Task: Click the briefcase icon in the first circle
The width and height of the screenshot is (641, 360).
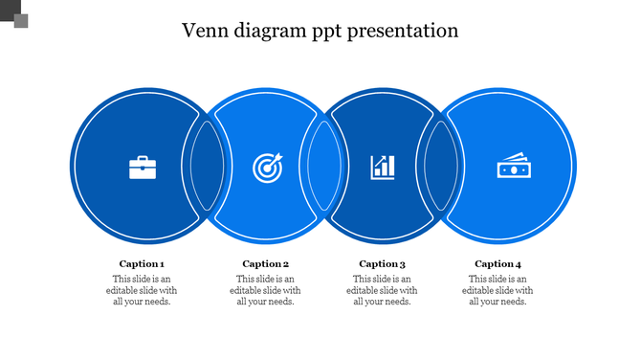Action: (143, 168)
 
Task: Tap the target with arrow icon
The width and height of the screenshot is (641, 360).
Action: (267, 168)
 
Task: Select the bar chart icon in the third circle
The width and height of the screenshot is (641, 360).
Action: (383, 167)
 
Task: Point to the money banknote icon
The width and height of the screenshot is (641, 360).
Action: (512, 167)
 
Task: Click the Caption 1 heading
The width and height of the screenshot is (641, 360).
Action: (142, 263)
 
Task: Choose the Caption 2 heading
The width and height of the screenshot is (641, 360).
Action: (265, 263)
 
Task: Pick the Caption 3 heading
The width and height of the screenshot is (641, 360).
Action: (383, 263)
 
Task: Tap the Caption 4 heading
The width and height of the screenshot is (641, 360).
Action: (498, 263)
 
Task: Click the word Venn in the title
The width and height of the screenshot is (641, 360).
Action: (208, 31)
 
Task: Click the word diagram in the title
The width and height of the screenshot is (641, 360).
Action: (273, 32)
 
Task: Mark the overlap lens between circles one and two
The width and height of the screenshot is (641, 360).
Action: (206, 166)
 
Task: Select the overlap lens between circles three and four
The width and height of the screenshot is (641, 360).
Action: (440, 166)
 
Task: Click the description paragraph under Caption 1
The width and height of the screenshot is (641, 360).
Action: (142, 290)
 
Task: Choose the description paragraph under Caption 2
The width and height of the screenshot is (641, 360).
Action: (265, 290)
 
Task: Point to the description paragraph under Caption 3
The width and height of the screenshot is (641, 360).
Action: (383, 290)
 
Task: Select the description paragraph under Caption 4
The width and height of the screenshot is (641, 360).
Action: (498, 290)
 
